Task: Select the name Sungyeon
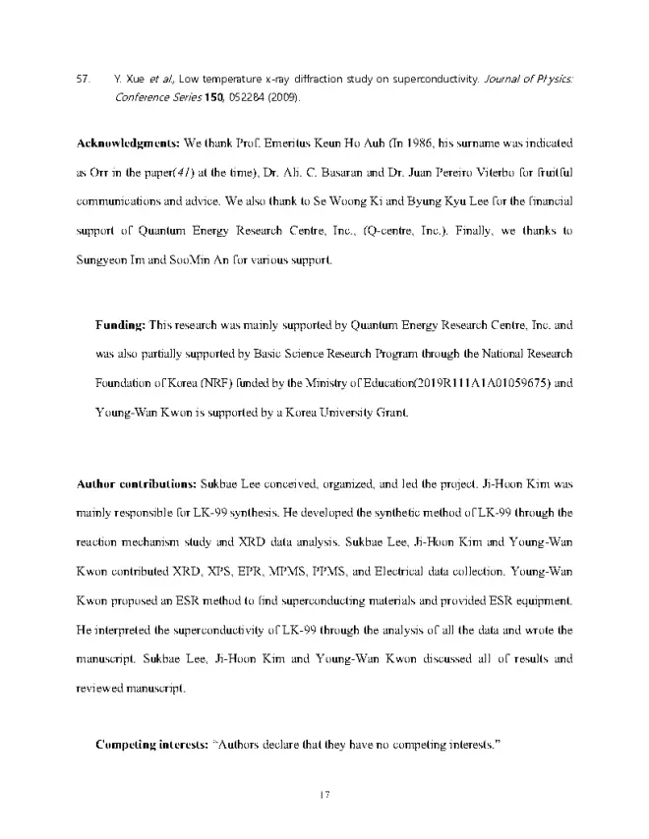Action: [103, 260]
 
